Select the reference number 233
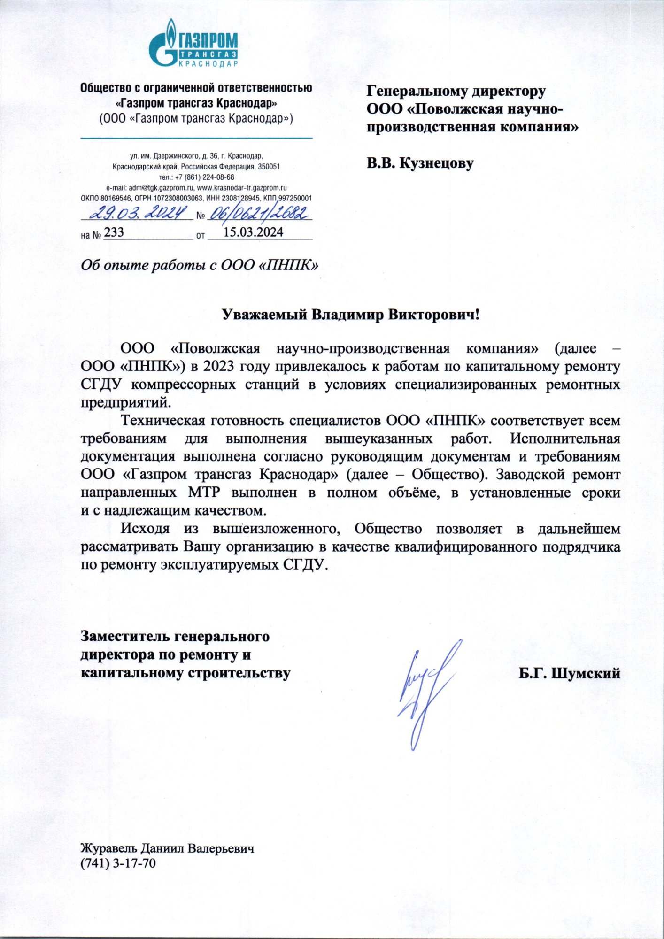(x=114, y=232)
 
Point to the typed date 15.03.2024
(x=253, y=232)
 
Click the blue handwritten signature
(x=426, y=690)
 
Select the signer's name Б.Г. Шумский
(x=569, y=673)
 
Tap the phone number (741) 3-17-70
(x=118, y=863)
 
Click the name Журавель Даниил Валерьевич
(x=167, y=848)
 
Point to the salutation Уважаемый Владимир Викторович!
(x=350, y=314)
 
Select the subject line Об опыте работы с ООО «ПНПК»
(x=200, y=265)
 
